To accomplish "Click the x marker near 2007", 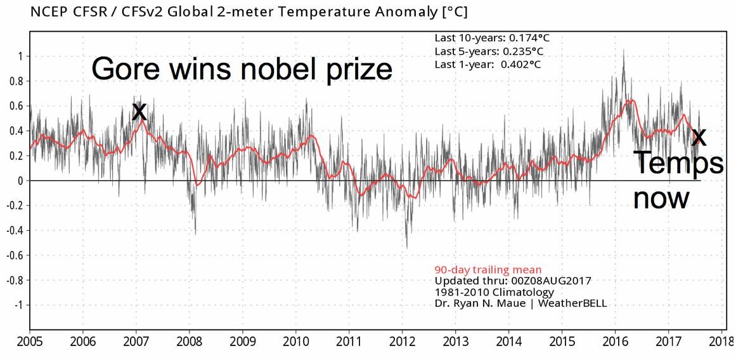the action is coord(139,111).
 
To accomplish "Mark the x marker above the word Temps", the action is coord(699,138).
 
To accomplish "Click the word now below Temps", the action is coord(661,199).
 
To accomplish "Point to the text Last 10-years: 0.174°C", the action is coord(492,37).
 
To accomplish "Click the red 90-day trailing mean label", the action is coord(488,270).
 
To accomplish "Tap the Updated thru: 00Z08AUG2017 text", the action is coord(513,281).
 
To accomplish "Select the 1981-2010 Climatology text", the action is coord(494,292).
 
